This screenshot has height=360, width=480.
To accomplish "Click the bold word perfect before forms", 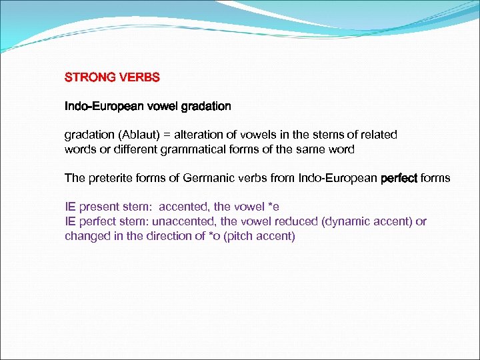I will (x=398, y=178).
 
